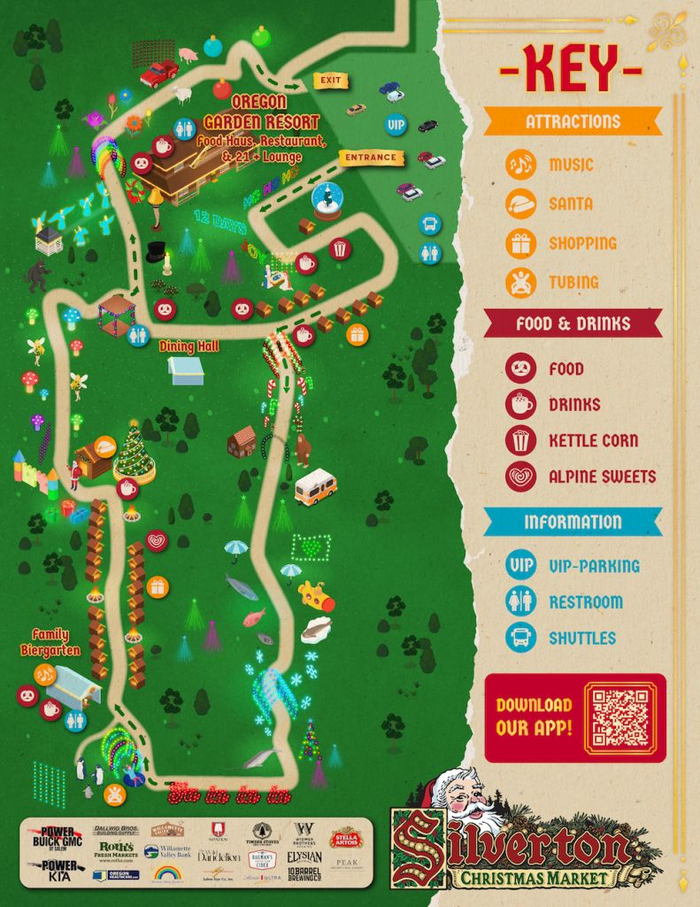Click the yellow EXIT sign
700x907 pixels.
click(330, 81)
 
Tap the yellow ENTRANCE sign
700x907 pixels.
click(371, 158)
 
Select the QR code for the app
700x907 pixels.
click(620, 717)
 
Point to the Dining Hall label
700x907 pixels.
click(188, 346)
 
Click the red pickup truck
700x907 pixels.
click(158, 73)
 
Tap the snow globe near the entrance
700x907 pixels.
click(327, 201)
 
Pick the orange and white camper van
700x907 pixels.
click(315, 486)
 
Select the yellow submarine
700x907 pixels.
click(316, 595)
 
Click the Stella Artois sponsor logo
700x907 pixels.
click(346, 837)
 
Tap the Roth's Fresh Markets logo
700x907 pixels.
click(116, 850)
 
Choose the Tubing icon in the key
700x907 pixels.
click(521, 283)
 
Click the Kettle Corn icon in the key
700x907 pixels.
click(521, 440)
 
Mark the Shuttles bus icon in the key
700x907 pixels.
click(521, 638)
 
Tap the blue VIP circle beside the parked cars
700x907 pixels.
click(396, 125)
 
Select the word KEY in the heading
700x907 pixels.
click(571, 68)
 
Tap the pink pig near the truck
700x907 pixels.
click(188, 55)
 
